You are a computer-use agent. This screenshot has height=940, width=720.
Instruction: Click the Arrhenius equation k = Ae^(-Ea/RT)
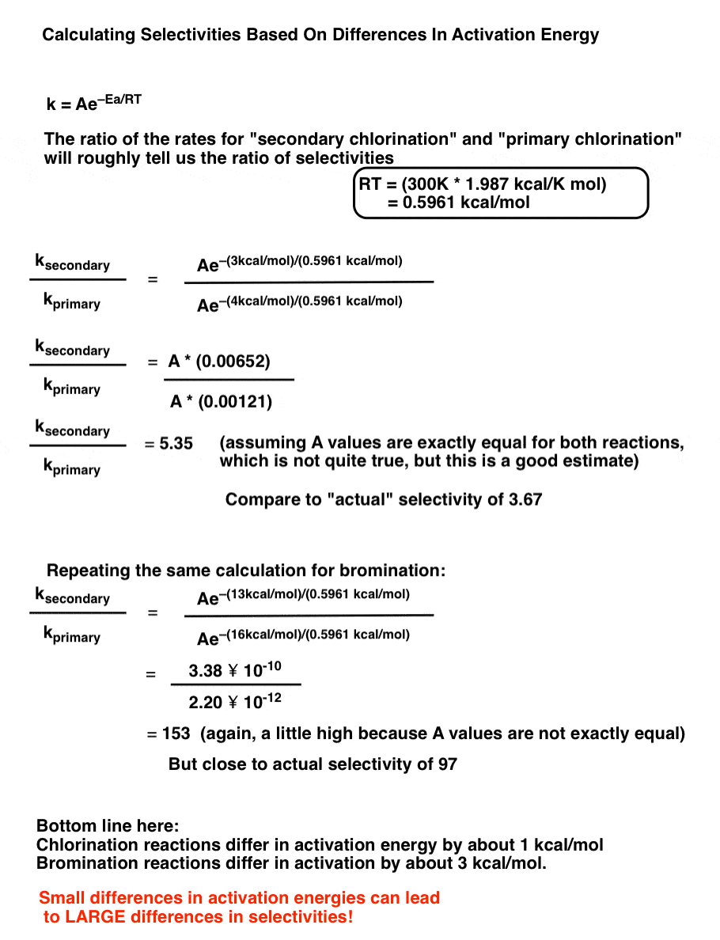[x=94, y=103]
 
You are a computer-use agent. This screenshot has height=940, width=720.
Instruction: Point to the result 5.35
[x=176, y=443]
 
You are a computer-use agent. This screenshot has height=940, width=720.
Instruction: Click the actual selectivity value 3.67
[x=524, y=500]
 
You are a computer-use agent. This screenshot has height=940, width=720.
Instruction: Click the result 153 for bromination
[x=176, y=733]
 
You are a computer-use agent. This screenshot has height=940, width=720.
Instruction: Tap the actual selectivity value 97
[x=447, y=764]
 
